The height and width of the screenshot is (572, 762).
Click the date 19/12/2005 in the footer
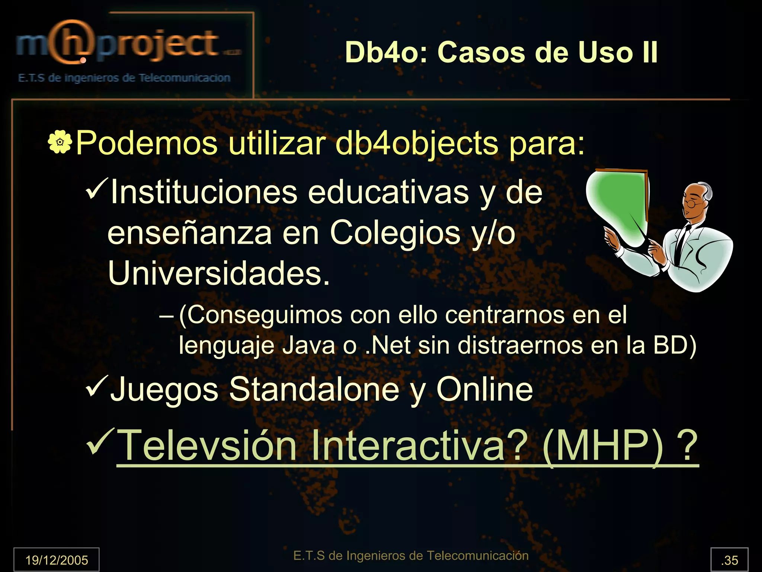tap(57, 560)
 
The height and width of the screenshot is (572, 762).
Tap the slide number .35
tap(729, 560)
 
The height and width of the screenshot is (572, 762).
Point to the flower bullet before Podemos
tap(60, 142)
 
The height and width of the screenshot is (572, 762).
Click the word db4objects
tap(416, 143)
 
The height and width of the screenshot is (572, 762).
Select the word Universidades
tap(219, 273)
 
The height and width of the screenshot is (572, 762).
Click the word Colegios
tap(395, 233)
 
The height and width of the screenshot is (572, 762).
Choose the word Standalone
tap(314, 389)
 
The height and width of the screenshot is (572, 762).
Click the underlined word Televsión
tap(207, 445)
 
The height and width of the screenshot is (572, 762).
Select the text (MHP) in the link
tap(603, 445)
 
